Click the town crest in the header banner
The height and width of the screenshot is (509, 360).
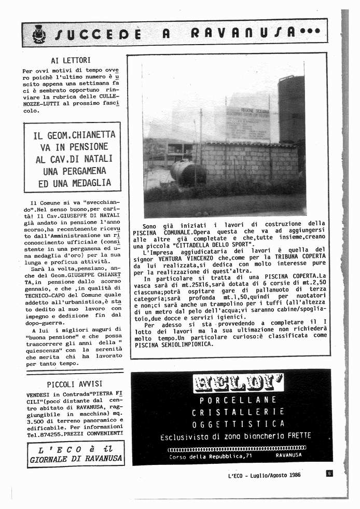pos(38,34)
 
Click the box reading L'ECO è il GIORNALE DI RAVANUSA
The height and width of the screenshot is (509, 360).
pos(76,453)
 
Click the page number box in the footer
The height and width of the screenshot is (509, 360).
pos(329,473)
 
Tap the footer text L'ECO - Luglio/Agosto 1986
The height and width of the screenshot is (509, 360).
pos(264,475)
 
